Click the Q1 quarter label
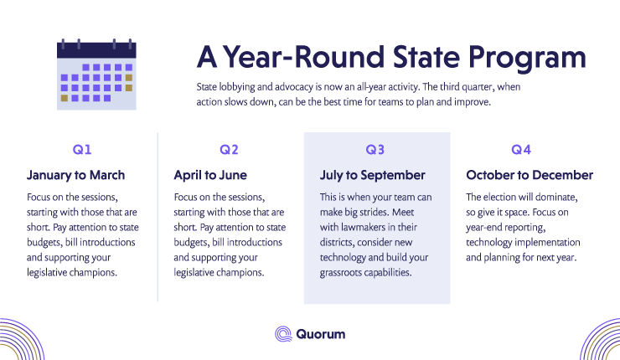(82, 149)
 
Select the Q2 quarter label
(229, 149)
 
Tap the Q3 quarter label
(375, 149)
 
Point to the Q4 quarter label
(521, 149)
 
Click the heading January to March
(76, 175)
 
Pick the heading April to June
(210, 175)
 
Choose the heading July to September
(373, 175)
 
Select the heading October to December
(530, 175)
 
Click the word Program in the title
(527, 58)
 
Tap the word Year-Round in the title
(303, 56)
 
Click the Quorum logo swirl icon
(283, 334)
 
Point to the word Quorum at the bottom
(321, 334)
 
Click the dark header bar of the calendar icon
(96, 50)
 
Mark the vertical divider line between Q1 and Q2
(158, 217)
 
